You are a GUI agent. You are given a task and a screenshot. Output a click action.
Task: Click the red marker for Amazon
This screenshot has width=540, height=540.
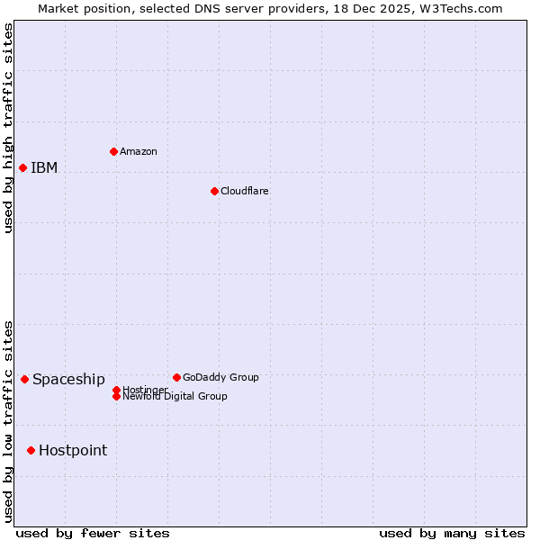[113, 151]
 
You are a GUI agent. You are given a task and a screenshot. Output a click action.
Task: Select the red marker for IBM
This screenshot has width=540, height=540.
[22, 167]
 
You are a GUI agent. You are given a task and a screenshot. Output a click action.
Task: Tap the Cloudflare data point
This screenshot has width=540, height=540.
[214, 191]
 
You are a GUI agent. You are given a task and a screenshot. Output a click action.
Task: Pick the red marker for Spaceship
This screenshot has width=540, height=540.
[24, 379]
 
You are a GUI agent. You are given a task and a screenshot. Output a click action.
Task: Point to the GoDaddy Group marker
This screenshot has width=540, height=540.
[176, 377]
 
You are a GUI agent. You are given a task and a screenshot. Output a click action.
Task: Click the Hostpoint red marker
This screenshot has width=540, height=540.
[31, 450]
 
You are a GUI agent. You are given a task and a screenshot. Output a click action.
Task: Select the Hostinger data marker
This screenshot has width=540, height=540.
[116, 390]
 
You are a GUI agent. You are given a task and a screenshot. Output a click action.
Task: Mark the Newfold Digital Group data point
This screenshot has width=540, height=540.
[116, 396]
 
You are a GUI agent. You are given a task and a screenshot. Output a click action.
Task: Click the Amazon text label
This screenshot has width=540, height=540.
[139, 151]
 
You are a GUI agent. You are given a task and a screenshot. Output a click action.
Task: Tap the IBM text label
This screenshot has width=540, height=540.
[44, 167]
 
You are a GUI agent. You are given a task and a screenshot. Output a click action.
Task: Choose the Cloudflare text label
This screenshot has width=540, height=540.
[245, 191]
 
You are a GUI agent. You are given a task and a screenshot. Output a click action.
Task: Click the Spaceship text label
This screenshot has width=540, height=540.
[68, 379]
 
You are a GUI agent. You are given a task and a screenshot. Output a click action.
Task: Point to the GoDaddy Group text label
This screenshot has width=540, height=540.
[220, 377]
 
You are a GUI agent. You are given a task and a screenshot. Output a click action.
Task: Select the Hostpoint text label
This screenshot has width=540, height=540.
[73, 450]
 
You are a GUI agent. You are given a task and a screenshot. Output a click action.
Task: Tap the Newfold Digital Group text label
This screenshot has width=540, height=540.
[175, 396]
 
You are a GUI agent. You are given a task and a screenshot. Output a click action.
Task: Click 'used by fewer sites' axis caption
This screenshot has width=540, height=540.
[93, 533]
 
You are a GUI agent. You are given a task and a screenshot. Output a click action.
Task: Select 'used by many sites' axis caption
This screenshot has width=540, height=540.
[452, 533]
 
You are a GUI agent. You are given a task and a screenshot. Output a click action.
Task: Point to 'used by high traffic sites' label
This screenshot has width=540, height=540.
[9, 128]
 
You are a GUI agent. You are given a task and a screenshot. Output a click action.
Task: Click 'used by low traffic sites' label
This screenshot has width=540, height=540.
[9, 421]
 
